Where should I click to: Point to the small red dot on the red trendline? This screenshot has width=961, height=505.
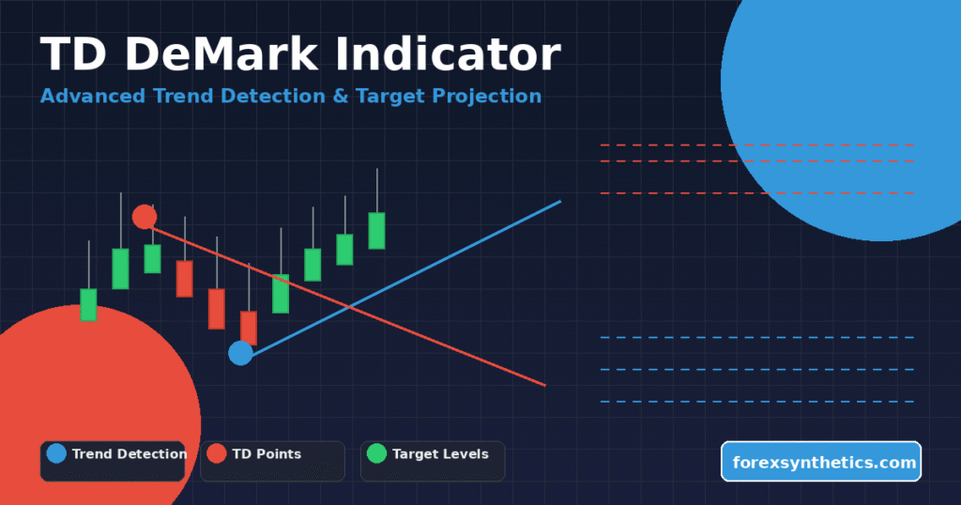(x=145, y=217)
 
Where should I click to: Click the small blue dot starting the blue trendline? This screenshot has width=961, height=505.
(x=241, y=353)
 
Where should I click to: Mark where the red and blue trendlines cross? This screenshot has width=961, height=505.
(x=349, y=306)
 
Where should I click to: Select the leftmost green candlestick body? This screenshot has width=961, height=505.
(x=88, y=304)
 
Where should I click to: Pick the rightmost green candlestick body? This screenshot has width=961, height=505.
(x=376, y=230)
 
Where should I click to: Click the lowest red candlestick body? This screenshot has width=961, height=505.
(x=249, y=328)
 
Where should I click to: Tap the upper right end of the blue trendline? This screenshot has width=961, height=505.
(x=559, y=202)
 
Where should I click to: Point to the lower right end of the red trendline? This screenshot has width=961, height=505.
(x=543, y=384)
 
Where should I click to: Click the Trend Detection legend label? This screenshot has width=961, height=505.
(x=129, y=454)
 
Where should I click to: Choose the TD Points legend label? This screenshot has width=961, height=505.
(x=267, y=454)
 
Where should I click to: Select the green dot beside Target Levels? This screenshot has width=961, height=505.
(x=376, y=453)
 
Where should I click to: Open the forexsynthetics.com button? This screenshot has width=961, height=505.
(x=821, y=462)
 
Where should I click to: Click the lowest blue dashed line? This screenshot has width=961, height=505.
(x=756, y=402)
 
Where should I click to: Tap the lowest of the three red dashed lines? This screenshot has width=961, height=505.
(x=756, y=193)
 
